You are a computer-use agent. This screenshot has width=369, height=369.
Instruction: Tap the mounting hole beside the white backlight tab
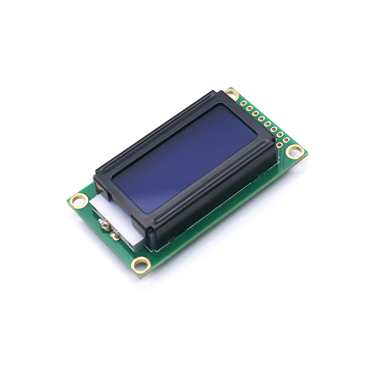(x=79, y=200)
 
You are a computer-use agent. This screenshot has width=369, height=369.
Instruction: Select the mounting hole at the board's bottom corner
(x=141, y=265)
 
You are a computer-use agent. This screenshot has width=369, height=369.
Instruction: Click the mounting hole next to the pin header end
(x=295, y=151)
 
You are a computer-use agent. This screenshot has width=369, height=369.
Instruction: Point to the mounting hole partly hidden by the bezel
(x=232, y=94)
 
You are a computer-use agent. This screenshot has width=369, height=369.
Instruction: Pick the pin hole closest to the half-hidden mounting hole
(x=243, y=104)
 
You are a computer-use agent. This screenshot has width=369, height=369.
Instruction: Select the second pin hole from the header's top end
(x=249, y=108)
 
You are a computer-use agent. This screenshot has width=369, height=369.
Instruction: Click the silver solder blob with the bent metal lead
(x=104, y=224)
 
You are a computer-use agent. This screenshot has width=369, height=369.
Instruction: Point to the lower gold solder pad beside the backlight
(x=114, y=236)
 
